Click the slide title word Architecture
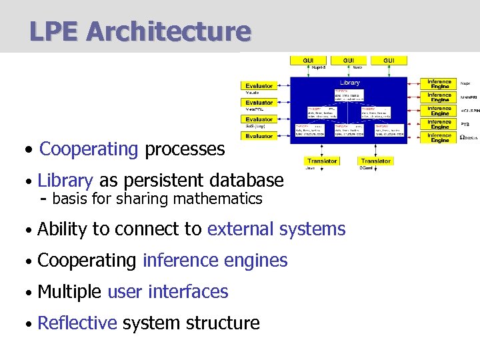[x=169, y=31]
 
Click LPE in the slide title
[x=55, y=31]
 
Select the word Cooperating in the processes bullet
[x=89, y=149]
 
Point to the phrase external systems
[x=276, y=229]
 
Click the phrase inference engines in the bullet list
[x=215, y=261]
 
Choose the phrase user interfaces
[x=167, y=292]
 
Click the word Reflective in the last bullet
[x=77, y=323]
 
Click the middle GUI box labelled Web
[x=349, y=61]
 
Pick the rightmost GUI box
[x=388, y=61]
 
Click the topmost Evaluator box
[x=259, y=86]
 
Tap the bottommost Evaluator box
[x=259, y=136]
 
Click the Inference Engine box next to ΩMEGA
[x=439, y=138]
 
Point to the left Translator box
[x=322, y=161]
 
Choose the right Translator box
[x=375, y=161]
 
